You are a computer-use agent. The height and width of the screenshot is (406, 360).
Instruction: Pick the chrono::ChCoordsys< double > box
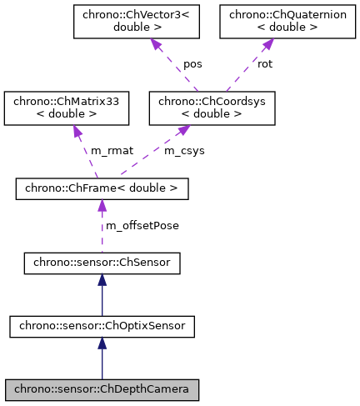pos(211,108)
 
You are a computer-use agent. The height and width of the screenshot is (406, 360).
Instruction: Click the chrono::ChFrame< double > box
pos(102,189)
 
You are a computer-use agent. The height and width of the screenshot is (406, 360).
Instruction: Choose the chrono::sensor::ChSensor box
pos(102,265)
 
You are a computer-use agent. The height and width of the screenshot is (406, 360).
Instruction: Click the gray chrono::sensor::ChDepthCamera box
pos(102,388)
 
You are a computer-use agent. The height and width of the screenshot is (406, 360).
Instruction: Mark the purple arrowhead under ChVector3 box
pos(154,44)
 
